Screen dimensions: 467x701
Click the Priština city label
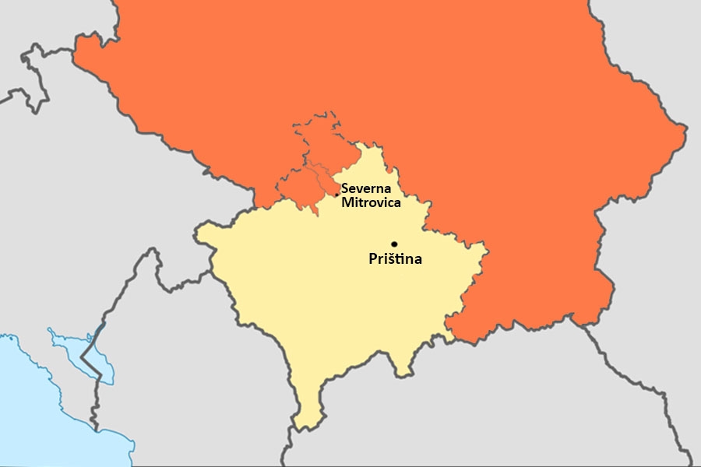pos(395,259)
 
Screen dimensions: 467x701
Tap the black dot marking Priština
pos(394,244)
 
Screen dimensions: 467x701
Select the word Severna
pos(368,189)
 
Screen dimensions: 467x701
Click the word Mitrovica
pos(371,202)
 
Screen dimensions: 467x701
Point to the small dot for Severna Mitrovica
pos(336,195)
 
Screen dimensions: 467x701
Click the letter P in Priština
pos(372,259)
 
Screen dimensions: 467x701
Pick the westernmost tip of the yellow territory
pos(198,231)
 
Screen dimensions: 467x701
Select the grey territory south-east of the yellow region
pos(506,405)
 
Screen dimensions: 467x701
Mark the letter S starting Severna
pos(345,189)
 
